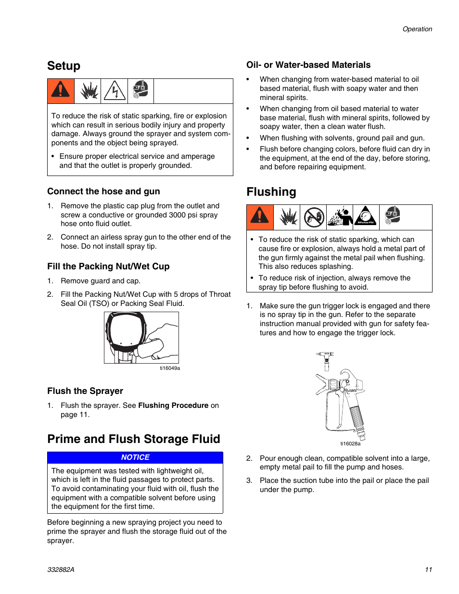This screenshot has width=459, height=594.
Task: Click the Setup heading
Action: (x=64, y=66)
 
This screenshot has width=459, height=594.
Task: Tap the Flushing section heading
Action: (x=271, y=192)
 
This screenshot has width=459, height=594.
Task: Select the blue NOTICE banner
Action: (x=135, y=457)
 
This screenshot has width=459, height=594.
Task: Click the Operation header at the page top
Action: (x=417, y=29)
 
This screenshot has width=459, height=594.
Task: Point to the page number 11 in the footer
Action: (x=428, y=569)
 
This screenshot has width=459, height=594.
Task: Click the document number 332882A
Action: (x=61, y=569)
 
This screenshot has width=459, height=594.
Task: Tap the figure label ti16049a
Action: (x=170, y=368)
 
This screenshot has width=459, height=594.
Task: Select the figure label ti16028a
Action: (x=350, y=443)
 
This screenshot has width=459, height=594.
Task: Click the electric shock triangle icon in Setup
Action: (x=115, y=91)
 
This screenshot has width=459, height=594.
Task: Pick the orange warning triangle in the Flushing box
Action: (x=260, y=216)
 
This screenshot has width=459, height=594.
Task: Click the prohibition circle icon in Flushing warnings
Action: (x=314, y=217)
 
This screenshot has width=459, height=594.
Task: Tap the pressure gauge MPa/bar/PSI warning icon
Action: (x=366, y=216)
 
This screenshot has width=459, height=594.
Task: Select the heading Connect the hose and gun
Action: (x=103, y=191)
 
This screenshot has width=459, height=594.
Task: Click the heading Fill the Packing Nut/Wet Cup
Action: (x=108, y=266)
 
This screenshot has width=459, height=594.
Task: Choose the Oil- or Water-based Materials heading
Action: (x=308, y=65)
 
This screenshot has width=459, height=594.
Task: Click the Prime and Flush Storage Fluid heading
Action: (x=134, y=439)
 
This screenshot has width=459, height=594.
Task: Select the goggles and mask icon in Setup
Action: (x=140, y=90)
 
